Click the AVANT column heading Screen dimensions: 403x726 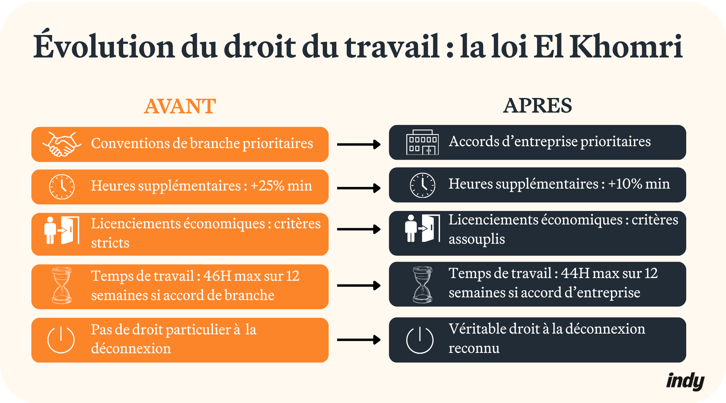pyautogui.click(x=180, y=106)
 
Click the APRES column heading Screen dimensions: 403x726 pyautogui.click(x=537, y=106)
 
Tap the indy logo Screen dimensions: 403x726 pyautogui.click(x=685, y=381)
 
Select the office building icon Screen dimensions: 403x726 pyautogui.click(x=422, y=142)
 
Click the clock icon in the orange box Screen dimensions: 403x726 pyautogui.click(x=61, y=187)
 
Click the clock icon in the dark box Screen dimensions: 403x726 pyautogui.click(x=422, y=185)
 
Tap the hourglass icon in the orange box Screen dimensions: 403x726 pyautogui.click(x=62, y=286)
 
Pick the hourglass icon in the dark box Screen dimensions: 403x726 pyautogui.click(x=422, y=285)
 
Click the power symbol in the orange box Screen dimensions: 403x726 pyautogui.click(x=61, y=340)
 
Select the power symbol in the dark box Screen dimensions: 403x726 pyautogui.click(x=420, y=340)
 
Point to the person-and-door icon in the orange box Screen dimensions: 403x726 pyautogui.click(x=62, y=230)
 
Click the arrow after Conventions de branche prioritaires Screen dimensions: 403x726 pyautogui.click(x=359, y=145)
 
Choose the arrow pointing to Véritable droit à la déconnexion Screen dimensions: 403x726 pyautogui.click(x=359, y=340)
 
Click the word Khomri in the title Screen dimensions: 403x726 pyautogui.click(x=626, y=47)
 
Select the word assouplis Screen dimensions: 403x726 pyautogui.click(x=477, y=239)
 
